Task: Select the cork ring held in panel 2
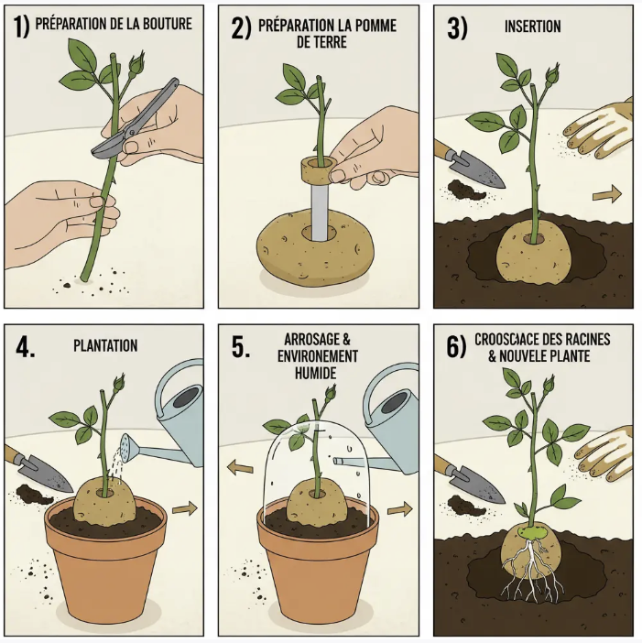click(317, 169)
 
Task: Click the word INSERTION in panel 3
click(532, 27)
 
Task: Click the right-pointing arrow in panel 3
click(605, 194)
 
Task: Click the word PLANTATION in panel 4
click(105, 345)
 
